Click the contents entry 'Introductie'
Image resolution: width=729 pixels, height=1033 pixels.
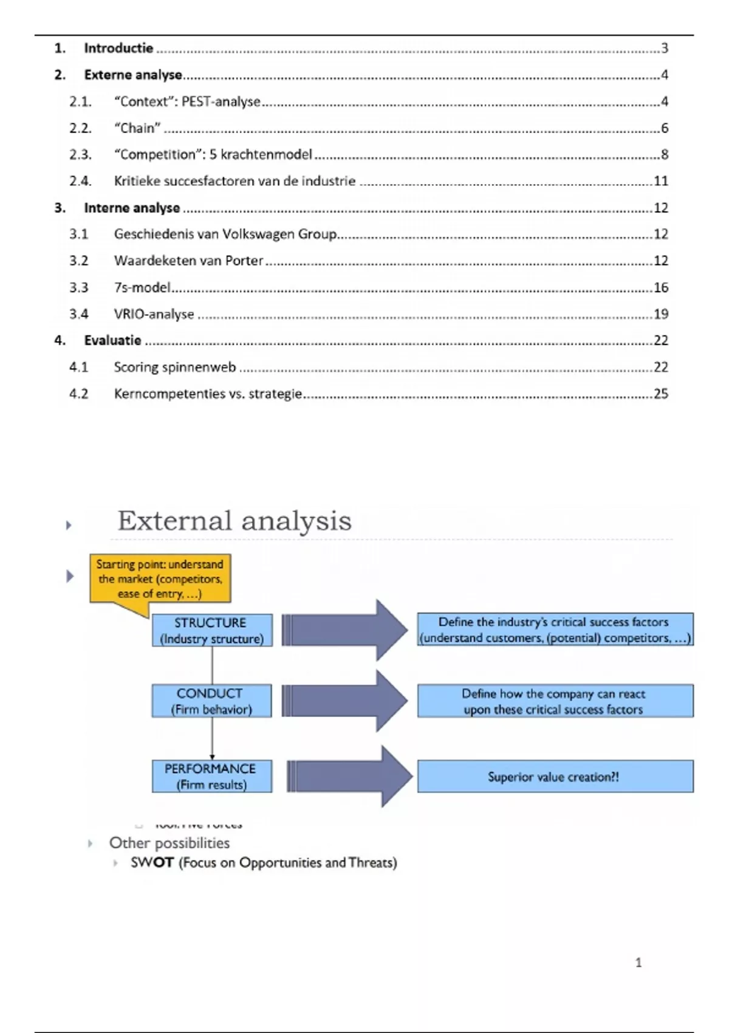[x=118, y=48]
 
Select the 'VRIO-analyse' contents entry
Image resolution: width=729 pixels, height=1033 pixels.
[x=154, y=314]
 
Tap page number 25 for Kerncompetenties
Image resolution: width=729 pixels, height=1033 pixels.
[x=661, y=394]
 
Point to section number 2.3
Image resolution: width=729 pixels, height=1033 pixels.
[x=80, y=154]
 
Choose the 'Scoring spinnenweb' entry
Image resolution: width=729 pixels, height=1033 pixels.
[x=175, y=367]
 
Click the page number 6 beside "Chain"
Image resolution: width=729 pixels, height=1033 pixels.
[x=665, y=128]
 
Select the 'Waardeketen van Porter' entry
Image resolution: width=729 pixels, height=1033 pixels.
[x=188, y=261]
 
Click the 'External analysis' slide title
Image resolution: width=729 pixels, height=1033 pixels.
[x=234, y=521]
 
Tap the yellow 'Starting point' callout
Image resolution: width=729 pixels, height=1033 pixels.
[x=160, y=578]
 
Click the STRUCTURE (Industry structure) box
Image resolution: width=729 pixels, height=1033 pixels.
[x=211, y=630]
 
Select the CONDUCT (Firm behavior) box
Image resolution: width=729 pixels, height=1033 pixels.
[x=211, y=701]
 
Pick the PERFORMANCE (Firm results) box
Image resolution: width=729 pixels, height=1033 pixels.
[x=211, y=777]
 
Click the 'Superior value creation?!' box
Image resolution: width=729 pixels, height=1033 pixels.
[x=555, y=777]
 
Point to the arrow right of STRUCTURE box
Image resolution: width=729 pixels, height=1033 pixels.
[x=344, y=630]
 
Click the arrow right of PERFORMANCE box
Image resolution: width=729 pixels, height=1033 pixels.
[x=349, y=777]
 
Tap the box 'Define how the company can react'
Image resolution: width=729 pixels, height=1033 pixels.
[x=555, y=701]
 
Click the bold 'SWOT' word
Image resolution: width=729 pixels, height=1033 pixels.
[x=152, y=862]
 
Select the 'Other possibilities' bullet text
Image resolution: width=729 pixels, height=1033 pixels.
[x=169, y=843]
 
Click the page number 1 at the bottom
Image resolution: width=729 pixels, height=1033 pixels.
[x=638, y=963]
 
